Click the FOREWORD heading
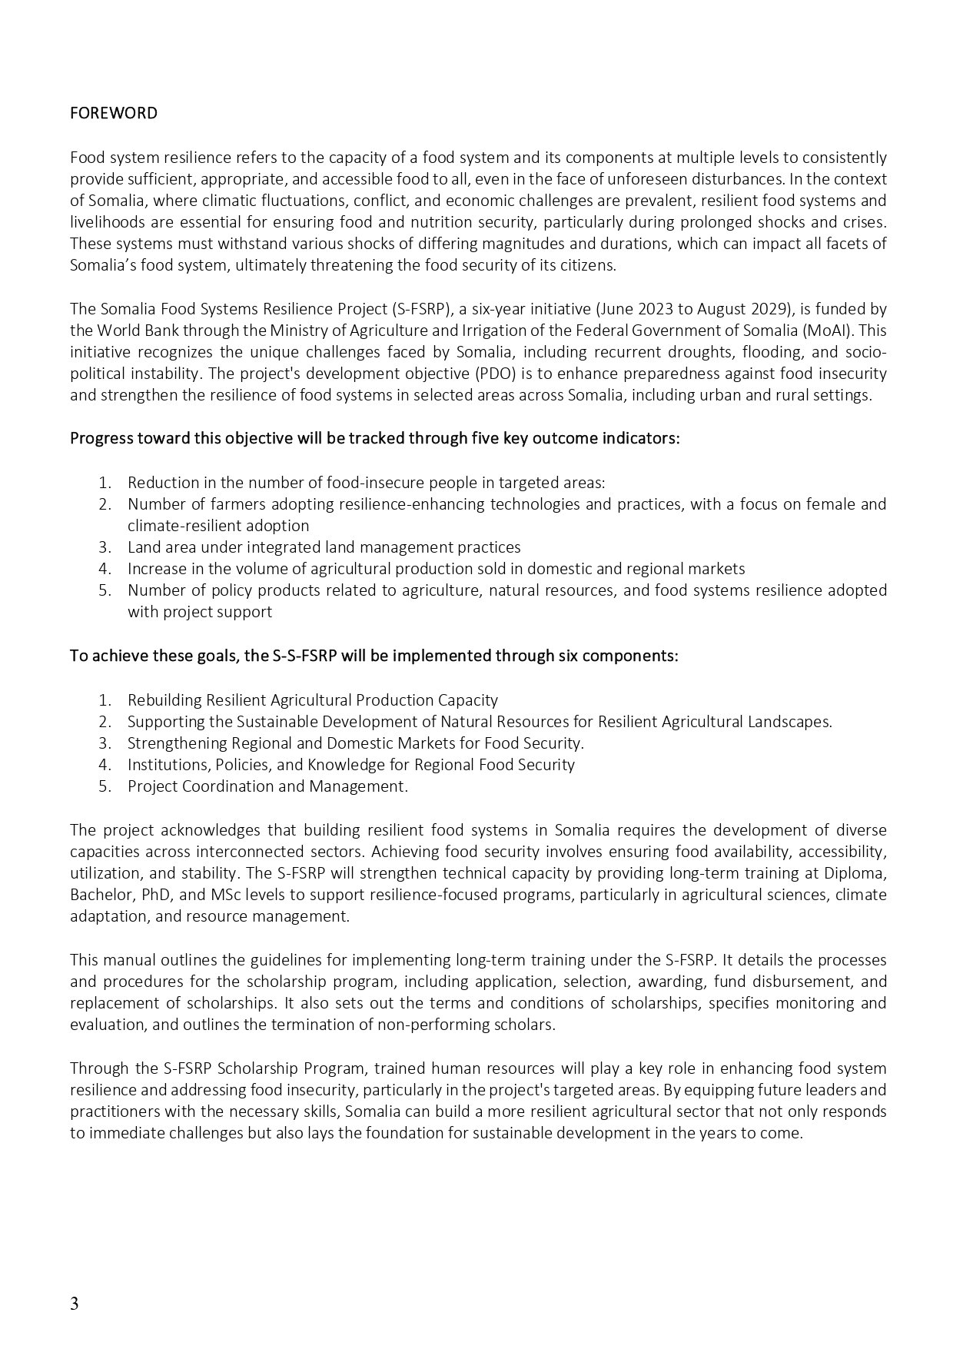tap(114, 114)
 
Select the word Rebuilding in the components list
tap(164, 700)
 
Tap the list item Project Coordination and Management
tap(267, 786)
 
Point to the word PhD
tap(155, 895)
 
